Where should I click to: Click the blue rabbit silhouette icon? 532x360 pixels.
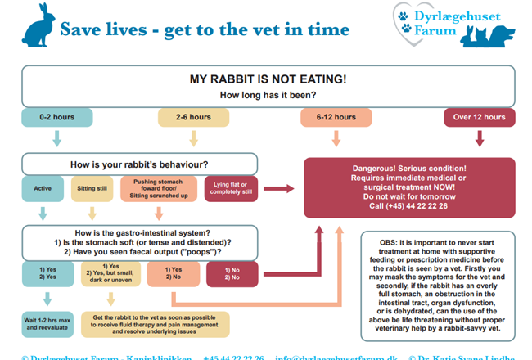point(39,28)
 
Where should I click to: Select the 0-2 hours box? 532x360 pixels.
point(56,118)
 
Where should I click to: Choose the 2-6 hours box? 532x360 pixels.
point(193,118)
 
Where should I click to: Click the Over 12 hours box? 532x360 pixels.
point(479,118)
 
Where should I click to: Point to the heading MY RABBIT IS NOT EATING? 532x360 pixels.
point(267,80)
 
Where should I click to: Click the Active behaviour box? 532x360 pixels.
point(43,188)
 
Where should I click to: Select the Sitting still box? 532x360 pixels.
point(92,188)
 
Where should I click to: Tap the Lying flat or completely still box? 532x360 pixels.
point(232,188)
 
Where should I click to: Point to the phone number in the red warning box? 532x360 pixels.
point(409,206)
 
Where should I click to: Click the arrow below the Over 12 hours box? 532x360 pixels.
point(479,141)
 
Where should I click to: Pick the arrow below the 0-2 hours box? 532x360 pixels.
point(56,140)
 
